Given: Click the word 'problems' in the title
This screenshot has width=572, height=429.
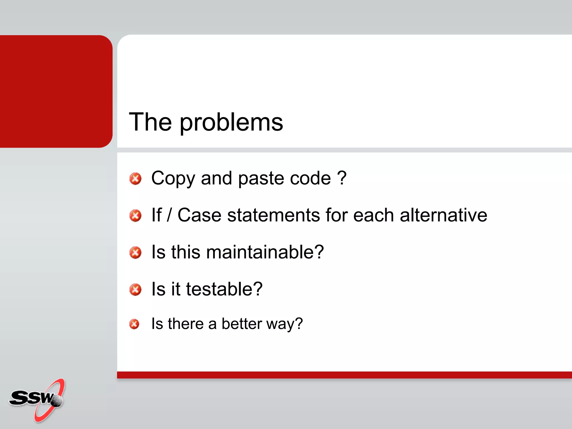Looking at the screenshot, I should tap(231, 123).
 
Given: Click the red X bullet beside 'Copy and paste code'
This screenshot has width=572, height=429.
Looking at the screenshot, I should tap(135, 179).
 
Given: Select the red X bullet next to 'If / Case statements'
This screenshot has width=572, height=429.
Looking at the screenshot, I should tap(135, 216).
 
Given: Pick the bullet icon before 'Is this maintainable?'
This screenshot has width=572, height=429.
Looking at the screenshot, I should tap(135, 252).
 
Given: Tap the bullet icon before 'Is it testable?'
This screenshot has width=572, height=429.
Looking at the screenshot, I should tap(135, 290).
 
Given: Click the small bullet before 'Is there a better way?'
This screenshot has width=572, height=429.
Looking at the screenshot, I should tap(134, 324).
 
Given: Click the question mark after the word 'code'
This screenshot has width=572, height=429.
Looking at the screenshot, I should tap(342, 178).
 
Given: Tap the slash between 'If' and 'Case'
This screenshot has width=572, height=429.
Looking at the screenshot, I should tap(169, 215).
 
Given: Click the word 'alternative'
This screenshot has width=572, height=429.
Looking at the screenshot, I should tap(444, 215).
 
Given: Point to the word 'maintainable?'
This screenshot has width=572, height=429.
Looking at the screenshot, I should tap(265, 252).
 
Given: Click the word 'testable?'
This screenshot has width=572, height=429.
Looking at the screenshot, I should tap(224, 289).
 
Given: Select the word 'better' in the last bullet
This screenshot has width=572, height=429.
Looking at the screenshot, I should tap(242, 324).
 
